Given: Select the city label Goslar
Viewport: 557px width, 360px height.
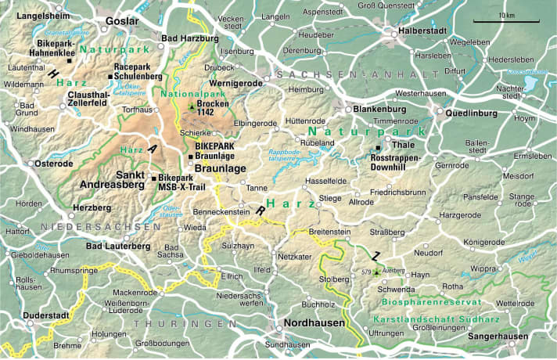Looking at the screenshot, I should (x=121, y=21).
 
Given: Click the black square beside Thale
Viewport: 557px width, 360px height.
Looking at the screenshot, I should (x=378, y=148).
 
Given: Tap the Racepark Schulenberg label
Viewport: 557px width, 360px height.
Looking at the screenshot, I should (x=138, y=72).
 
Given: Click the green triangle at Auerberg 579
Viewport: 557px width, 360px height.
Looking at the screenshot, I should (x=376, y=272).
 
